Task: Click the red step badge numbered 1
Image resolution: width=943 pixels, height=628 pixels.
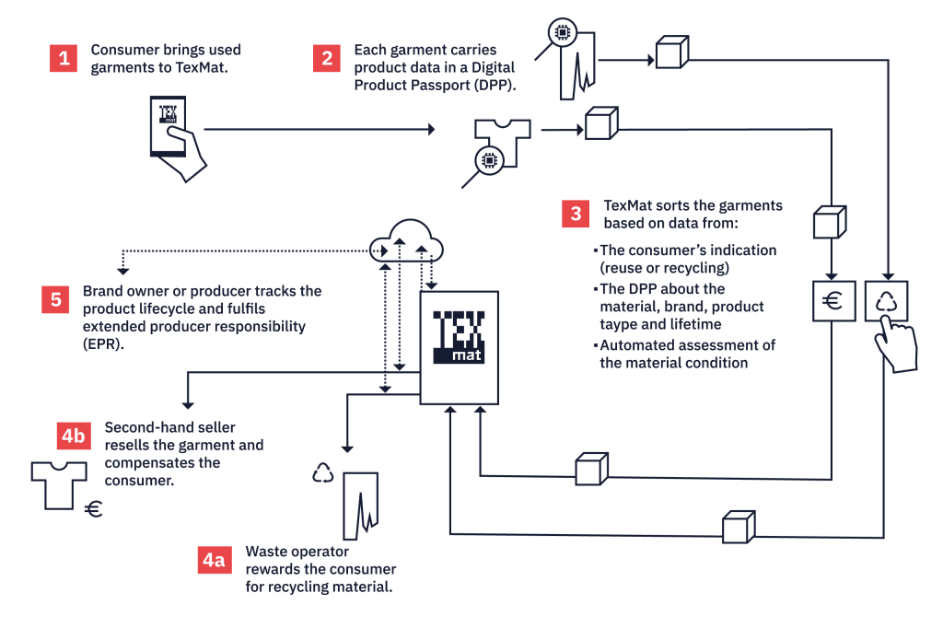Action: click(x=64, y=59)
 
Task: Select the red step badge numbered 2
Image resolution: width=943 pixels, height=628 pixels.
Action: click(x=327, y=59)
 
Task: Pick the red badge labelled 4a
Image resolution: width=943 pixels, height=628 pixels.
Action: click(x=214, y=561)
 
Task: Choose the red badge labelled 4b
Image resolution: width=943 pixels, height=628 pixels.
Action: click(x=73, y=436)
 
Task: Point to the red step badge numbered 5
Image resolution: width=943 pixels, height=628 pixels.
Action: click(x=56, y=299)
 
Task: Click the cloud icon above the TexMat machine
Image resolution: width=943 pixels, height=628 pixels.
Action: click(x=406, y=241)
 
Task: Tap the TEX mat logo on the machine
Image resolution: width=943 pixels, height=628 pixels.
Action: click(x=458, y=337)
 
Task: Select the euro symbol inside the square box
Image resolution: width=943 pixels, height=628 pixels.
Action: click(x=833, y=301)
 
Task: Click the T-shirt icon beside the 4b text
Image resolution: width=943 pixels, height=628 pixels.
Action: click(x=59, y=483)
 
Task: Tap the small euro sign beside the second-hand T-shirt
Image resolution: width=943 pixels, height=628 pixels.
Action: click(x=92, y=509)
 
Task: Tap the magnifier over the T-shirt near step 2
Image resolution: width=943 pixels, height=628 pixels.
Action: click(x=490, y=160)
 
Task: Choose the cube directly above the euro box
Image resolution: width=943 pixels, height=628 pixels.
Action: click(x=829, y=222)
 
